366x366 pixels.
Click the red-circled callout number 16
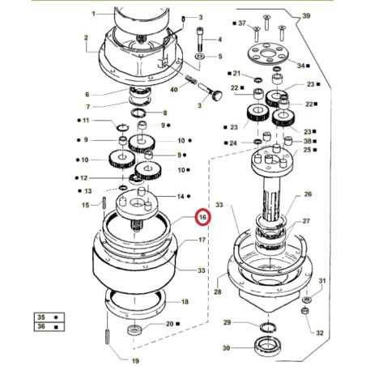(202, 218)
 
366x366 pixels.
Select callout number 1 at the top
(93, 14)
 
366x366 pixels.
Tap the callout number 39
(307, 16)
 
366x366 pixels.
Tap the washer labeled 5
(199, 57)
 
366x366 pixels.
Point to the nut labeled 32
(306, 312)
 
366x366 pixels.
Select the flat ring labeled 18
(135, 302)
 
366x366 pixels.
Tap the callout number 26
(307, 195)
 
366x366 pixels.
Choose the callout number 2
(85, 37)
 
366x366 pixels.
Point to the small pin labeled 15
(105, 203)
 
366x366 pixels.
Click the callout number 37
(242, 25)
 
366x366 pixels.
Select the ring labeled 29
(266, 326)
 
